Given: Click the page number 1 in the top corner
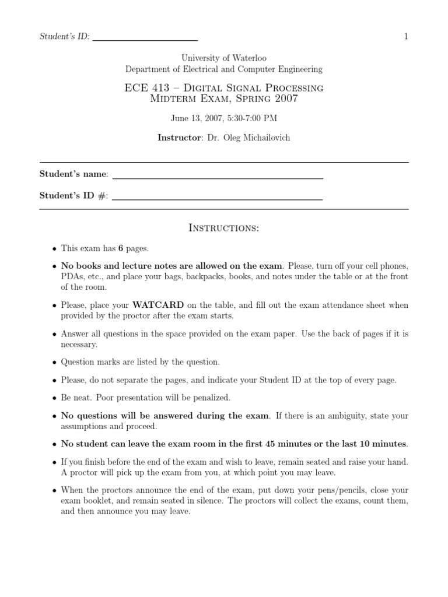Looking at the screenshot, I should pyautogui.click(x=406, y=37).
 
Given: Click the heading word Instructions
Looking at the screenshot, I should pyautogui.click(x=224, y=228).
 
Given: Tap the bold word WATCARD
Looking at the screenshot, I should pyautogui.click(x=159, y=305).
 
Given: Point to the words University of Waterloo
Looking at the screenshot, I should pyautogui.click(x=224, y=58).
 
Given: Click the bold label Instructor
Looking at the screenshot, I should pyautogui.click(x=178, y=138).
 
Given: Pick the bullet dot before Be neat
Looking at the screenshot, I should pyautogui.click(x=54, y=398).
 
